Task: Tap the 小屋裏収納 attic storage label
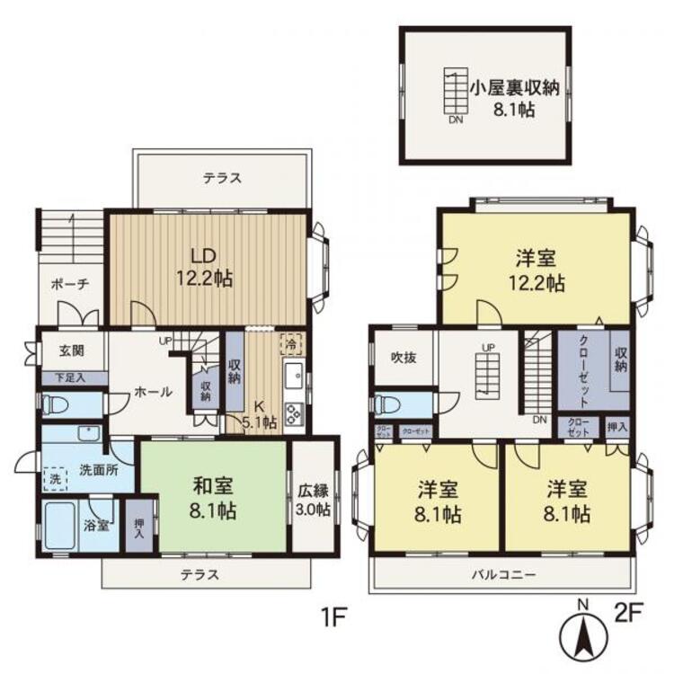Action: tap(515, 98)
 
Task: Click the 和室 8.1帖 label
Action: tap(213, 500)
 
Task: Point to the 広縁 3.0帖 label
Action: tap(314, 500)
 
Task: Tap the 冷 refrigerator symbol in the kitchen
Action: tap(291, 342)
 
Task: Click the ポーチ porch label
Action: tap(70, 283)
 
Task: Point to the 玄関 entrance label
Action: tap(72, 351)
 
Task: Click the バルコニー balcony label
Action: tap(501, 573)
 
